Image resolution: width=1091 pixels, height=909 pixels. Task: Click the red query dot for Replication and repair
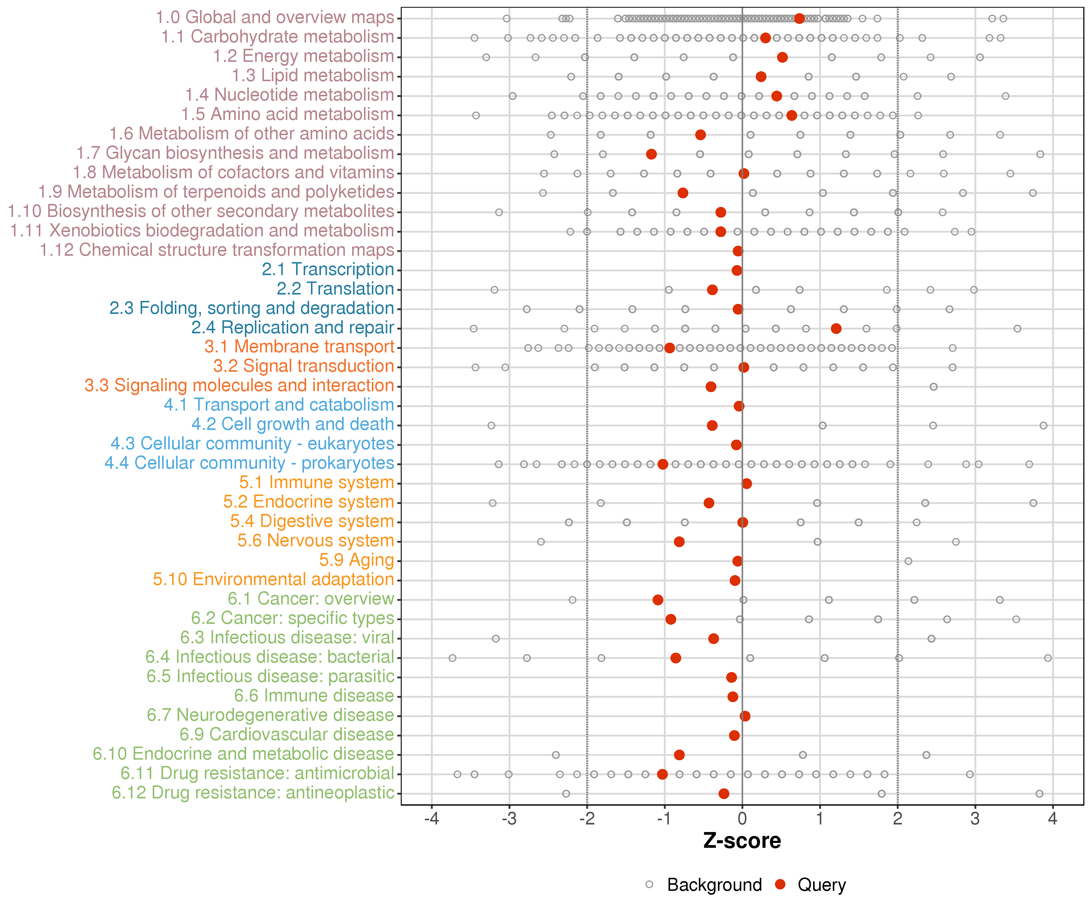[836, 328]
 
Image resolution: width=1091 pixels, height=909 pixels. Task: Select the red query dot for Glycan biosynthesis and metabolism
[652, 154]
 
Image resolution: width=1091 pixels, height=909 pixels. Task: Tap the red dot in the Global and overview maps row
[799, 19]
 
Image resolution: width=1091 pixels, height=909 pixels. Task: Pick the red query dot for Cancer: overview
[658, 600]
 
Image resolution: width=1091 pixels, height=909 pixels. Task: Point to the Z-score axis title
[742, 841]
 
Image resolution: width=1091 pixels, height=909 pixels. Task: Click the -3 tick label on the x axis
[509, 819]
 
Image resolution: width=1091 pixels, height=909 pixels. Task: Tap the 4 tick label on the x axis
[1053, 819]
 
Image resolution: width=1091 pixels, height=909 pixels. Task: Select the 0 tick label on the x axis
[742, 819]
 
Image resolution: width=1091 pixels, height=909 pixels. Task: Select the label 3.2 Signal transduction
[303, 366]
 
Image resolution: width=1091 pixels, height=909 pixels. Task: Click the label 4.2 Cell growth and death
[292, 425]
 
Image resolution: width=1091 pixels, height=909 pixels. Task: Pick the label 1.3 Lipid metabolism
[312, 75]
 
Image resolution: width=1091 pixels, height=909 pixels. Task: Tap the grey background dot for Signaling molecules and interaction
[934, 387]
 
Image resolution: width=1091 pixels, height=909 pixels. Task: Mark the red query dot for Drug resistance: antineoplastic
[724, 794]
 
